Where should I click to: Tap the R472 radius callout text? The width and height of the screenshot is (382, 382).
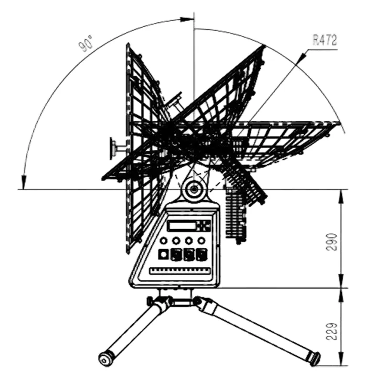click(325, 40)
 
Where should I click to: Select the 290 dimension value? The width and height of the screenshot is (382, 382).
click(331, 242)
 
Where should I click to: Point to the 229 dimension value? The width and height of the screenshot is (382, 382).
click(331, 331)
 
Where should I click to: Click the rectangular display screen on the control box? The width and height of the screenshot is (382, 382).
click(181, 226)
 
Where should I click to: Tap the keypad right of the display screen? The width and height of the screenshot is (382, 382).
click(204, 226)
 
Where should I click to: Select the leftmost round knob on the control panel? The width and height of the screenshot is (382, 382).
click(163, 241)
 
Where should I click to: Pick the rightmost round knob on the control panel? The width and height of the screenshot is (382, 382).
click(201, 241)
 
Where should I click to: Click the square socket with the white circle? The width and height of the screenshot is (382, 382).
click(163, 255)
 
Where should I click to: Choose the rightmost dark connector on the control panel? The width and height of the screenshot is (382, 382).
click(202, 255)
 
